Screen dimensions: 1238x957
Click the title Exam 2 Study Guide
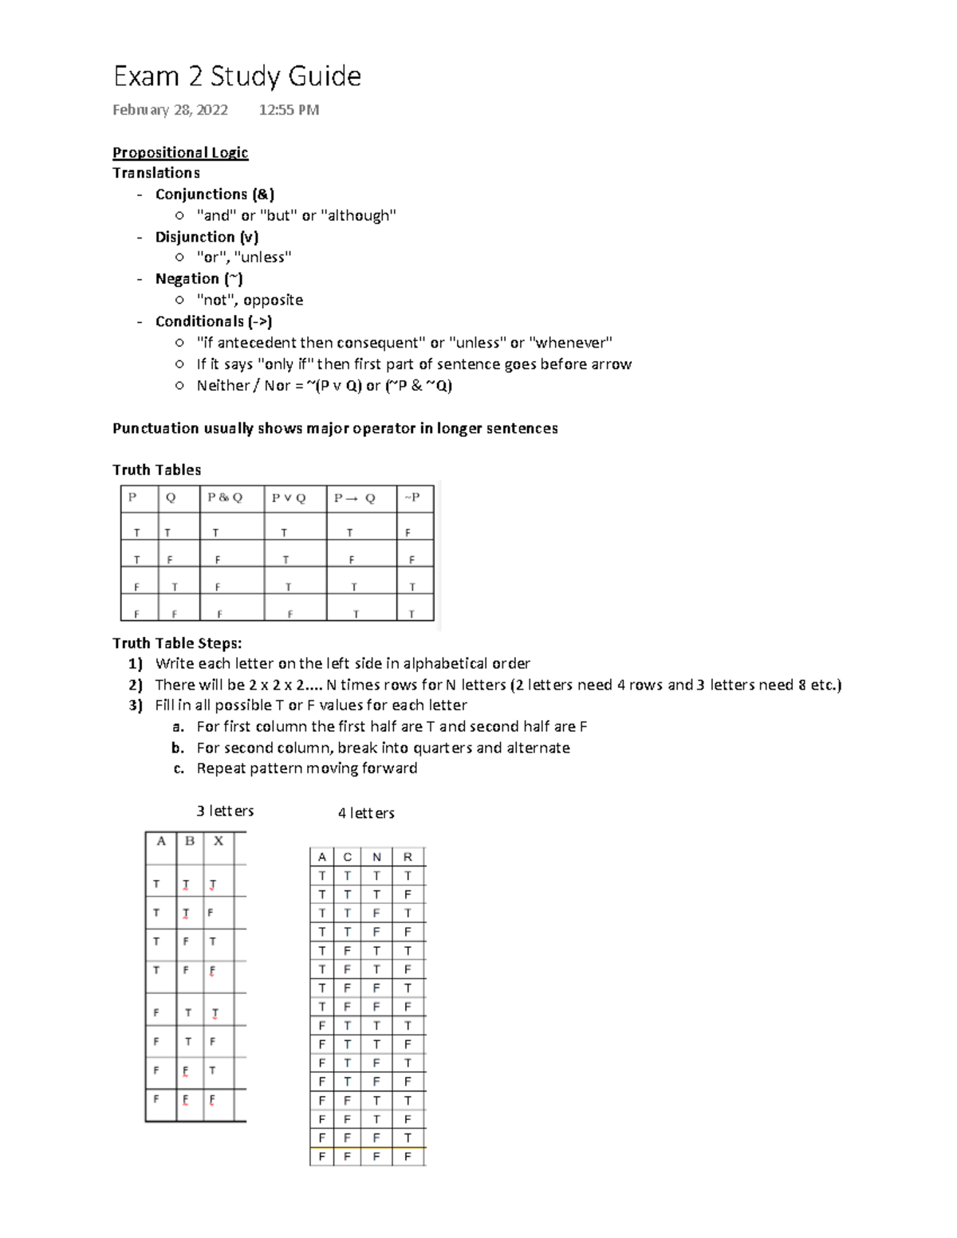[237, 77]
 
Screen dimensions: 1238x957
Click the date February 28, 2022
[170, 110]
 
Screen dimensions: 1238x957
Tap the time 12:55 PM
[289, 110]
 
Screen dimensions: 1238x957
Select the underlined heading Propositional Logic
[180, 152]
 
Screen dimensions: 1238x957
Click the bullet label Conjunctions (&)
[215, 195]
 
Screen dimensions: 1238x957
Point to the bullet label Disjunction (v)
[207, 237]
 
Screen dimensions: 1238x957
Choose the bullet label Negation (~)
[199, 279]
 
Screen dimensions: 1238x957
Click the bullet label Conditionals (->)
[214, 321]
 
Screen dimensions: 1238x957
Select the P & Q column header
[225, 497]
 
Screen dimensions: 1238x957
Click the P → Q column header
[354, 498]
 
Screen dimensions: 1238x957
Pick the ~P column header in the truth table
[412, 497]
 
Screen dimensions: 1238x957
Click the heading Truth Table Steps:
[177, 643]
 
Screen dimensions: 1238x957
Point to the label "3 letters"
[225, 811]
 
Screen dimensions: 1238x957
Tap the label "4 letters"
[366, 813]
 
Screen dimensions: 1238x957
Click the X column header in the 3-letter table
[219, 841]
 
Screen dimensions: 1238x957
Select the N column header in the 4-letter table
[376, 857]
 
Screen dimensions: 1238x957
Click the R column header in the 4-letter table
[408, 857]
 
